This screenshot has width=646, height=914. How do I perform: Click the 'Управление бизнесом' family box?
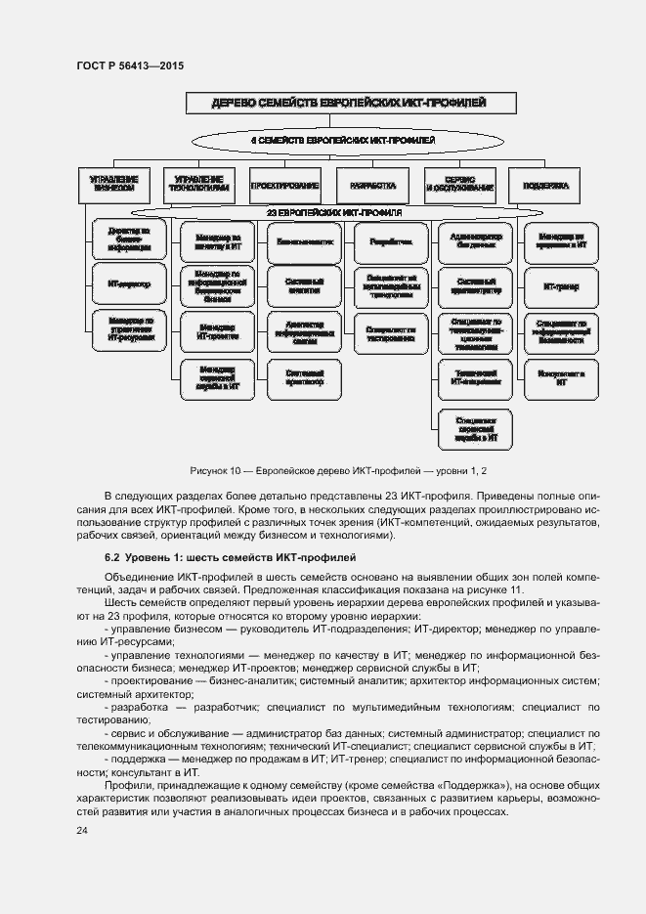pos(113,185)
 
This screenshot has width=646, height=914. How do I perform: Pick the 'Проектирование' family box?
pos(285,185)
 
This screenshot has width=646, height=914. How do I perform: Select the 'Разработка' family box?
pos(371,185)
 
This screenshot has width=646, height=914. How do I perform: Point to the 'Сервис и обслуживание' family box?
pos(458,185)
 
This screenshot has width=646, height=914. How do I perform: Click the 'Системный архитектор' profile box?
pos(304,377)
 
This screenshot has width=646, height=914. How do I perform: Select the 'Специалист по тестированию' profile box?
pos(391,331)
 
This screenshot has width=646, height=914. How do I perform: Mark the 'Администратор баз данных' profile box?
pos(476,239)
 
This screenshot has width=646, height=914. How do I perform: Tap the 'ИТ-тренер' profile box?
pos(561,286)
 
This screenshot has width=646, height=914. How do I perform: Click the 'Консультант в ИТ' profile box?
pos(561,377)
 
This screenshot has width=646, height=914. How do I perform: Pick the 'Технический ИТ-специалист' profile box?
pos(476,377)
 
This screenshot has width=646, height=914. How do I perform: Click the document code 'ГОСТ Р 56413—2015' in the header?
pos(130,65)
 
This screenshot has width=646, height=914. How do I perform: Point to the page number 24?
pos(82,831)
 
